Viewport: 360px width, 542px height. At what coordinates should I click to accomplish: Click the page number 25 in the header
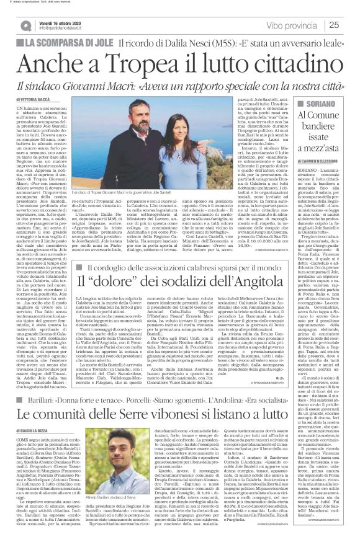(334, 24)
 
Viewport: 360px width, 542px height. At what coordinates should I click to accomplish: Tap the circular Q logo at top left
(25, 25)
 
